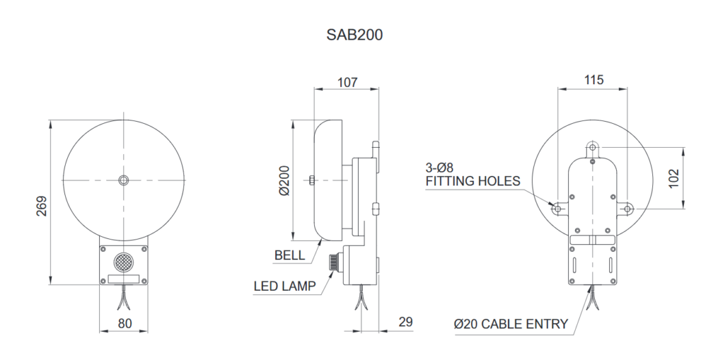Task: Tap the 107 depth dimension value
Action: [347, 82]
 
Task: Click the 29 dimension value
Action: [405, 322]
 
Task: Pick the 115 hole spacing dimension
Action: [594, 80]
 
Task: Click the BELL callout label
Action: [290, 255]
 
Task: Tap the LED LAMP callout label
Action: [284, 286]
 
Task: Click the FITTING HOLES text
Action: [472, 181]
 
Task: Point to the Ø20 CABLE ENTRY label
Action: [511, 324]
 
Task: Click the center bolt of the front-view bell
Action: [123, 180]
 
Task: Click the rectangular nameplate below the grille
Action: [123, 279]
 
